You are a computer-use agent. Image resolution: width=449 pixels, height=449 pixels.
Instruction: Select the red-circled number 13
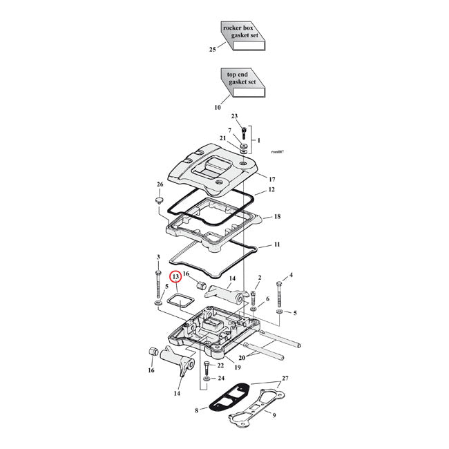pos(176,276)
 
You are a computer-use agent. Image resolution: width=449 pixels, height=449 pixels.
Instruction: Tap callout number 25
pos(213,50)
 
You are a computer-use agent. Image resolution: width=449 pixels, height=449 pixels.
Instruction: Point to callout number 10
pos(217,107)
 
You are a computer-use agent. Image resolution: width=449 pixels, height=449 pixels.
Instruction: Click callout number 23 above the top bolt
pos(234,116)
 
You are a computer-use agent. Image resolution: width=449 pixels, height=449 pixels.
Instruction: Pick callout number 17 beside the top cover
pos(272,178)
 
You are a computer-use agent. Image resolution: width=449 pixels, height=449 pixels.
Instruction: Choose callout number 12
pos(272,189)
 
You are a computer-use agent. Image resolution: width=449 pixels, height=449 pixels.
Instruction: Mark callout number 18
pos(276,217)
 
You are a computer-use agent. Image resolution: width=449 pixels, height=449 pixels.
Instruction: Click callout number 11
pos(276,245)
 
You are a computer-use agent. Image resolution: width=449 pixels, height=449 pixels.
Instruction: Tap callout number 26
pos(160,184)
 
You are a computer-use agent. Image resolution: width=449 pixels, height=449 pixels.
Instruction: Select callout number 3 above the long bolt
pos(158,257)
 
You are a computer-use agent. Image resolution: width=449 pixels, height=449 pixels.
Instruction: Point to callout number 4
pos(291,275)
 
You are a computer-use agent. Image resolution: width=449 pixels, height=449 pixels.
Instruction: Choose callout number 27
pos(286,379)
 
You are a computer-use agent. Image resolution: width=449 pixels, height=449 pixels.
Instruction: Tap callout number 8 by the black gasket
pos(198,410)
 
